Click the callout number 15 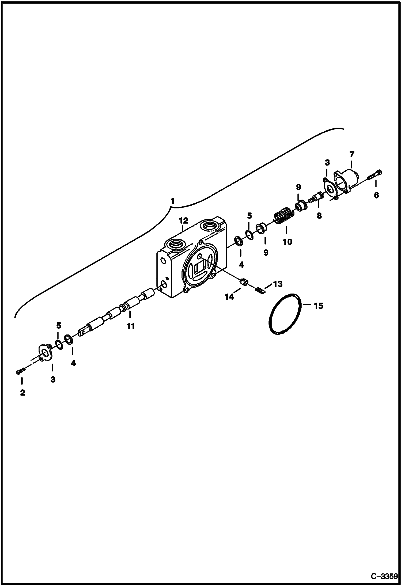click(318, 306)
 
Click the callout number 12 click(184, 221)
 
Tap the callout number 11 click(131, 326)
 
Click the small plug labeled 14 click(244, 282)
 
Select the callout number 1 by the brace click(173, 201)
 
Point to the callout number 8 click(319, 216)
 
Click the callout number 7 click(351, 154)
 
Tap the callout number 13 click(278, 284)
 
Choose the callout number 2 click(22, 393)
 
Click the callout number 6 click(376, 195)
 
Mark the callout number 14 click(229, 297)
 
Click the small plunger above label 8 click(317, 198)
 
